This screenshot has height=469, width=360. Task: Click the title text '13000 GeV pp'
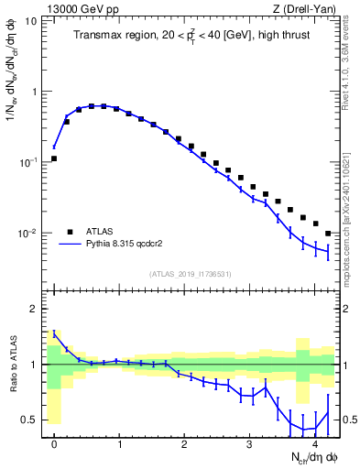point(75,10)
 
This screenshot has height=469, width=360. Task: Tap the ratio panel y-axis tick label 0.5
point(28,420)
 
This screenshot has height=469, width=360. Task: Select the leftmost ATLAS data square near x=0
point(54,158)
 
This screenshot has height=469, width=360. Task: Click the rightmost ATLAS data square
point(327,234)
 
